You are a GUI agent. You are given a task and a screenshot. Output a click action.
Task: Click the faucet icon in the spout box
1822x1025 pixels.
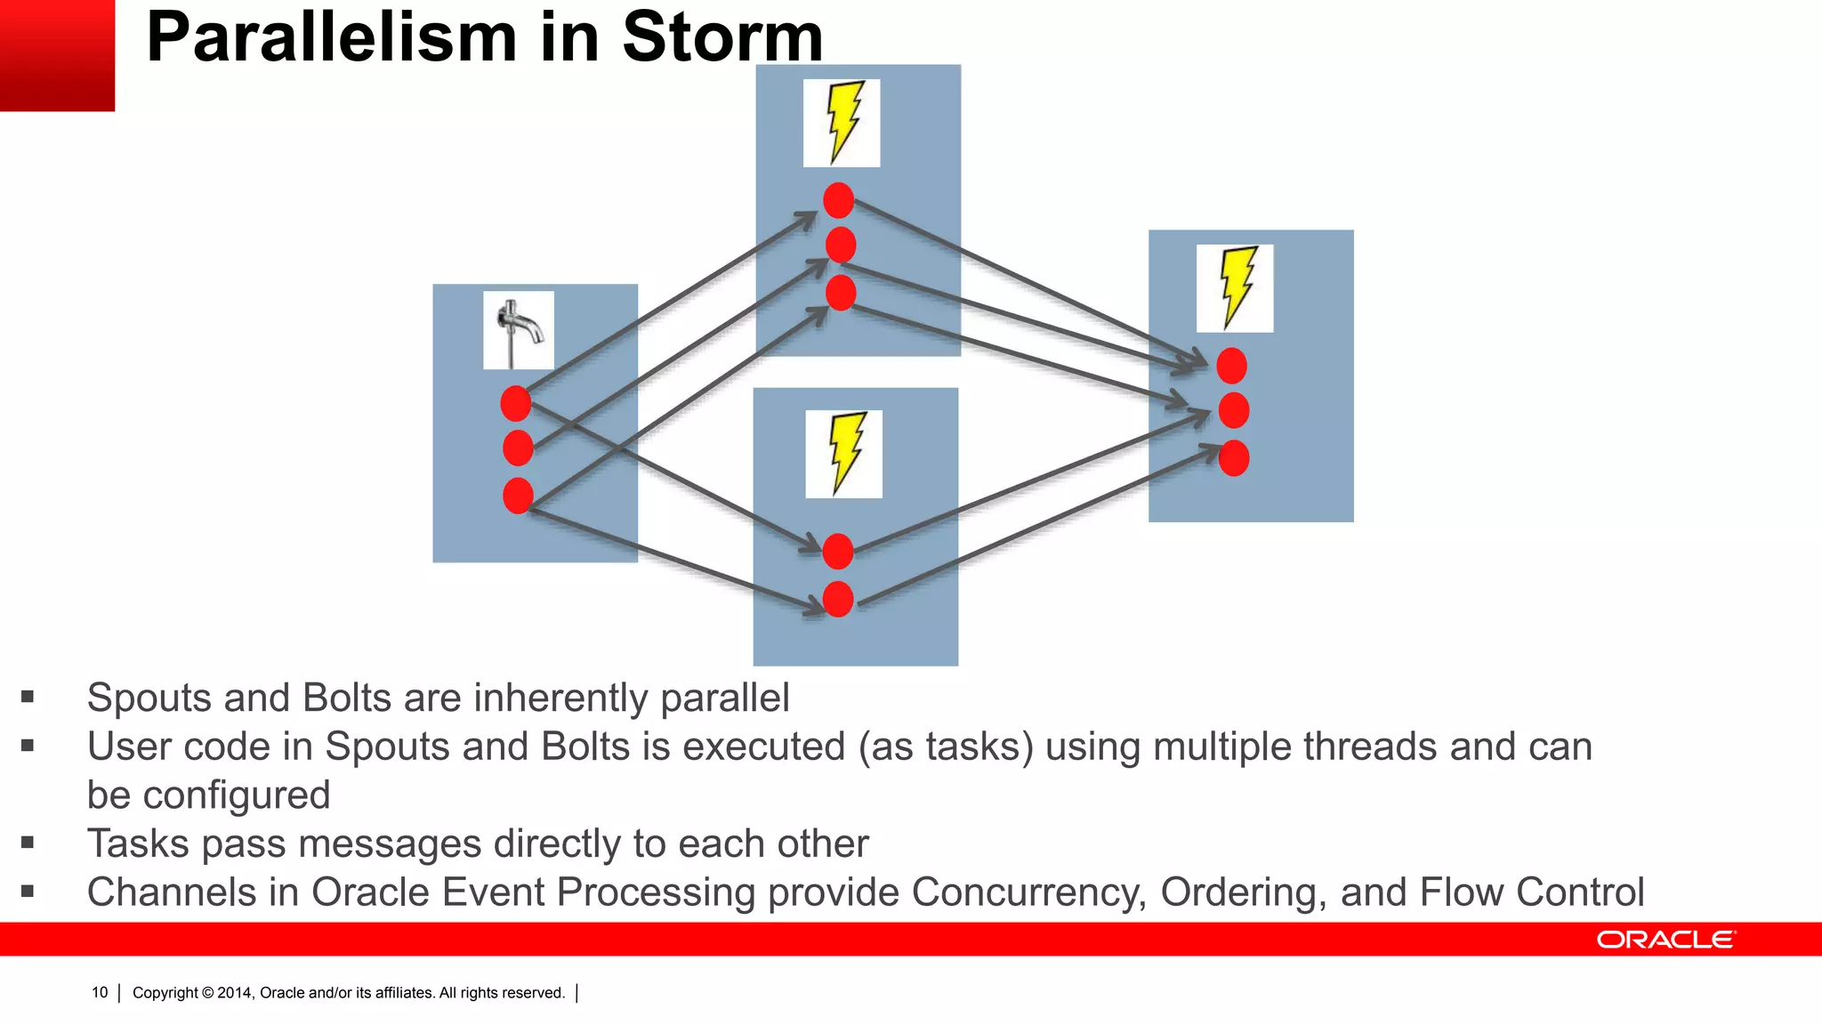tap(519, 330)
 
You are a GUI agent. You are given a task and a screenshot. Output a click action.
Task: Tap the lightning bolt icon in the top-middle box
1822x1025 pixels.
tap(842, 123)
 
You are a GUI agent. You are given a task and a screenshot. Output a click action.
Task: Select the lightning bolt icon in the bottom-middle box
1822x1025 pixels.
tap(844, 454)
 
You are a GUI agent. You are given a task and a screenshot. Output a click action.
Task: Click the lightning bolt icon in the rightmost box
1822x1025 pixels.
tap(1235, 288)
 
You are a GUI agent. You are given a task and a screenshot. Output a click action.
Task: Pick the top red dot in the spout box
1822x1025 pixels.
tap(516, 404)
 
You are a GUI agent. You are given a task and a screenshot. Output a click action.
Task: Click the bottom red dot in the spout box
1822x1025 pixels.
tap(518, 496)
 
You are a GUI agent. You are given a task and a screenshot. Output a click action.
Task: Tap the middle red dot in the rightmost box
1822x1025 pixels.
tap(1233, 410)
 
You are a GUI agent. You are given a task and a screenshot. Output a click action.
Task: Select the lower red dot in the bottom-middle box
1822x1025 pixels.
tap(838, 600)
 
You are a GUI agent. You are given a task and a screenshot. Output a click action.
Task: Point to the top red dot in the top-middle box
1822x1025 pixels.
tap(839, 200)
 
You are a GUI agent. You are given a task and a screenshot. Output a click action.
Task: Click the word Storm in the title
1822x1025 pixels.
tap(722, 37)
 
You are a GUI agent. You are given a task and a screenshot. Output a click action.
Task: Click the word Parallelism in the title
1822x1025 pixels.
tap(331, 37)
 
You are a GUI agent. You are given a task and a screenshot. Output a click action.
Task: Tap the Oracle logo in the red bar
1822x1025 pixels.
tap(1665, 940)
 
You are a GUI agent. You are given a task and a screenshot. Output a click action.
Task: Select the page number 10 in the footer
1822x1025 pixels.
tap(100, 993)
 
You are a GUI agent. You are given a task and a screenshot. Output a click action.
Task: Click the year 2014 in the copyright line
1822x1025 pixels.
tap(235, 993)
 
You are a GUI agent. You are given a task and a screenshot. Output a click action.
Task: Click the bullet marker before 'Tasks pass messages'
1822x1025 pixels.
tap(28, 843)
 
